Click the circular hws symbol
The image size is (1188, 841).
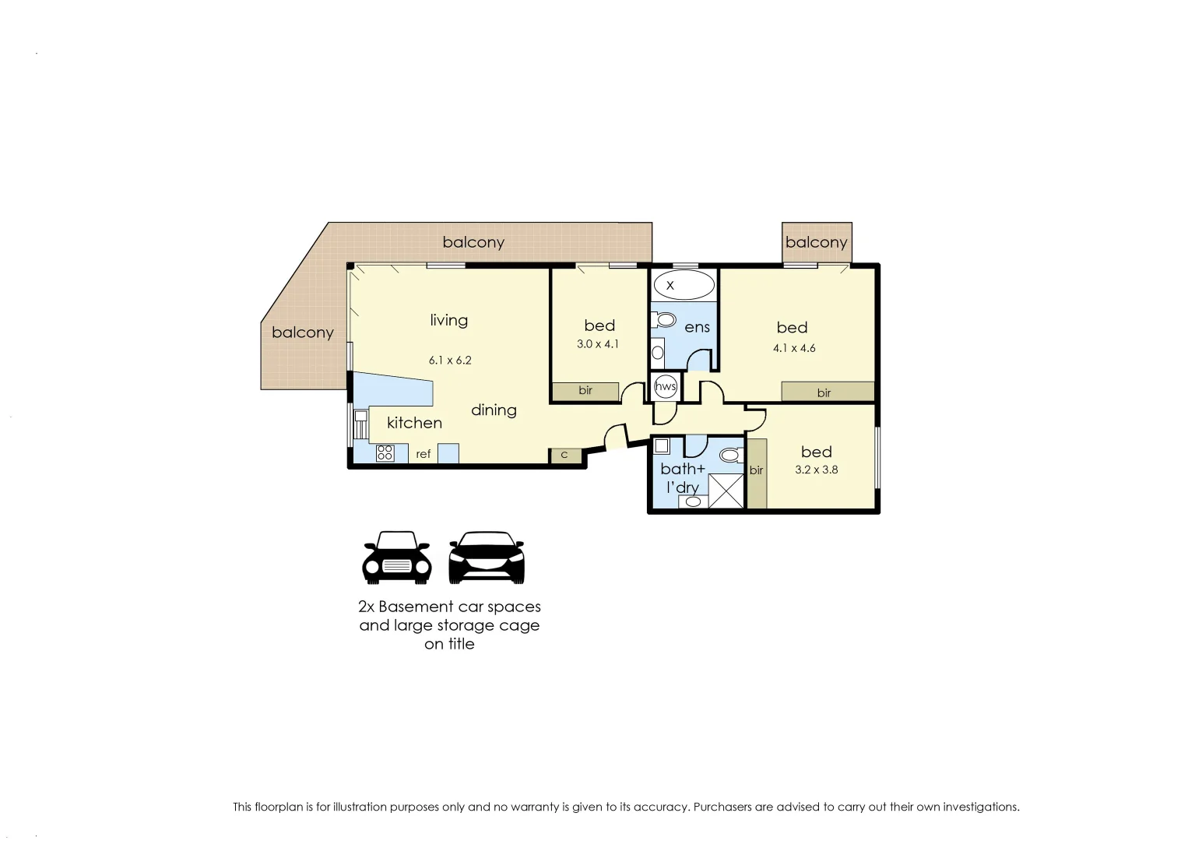(x=666, y=386)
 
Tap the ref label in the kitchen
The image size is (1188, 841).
(x=423, y=454)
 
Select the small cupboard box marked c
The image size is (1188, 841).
(x=565, y=456)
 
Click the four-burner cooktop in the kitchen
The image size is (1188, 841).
(x=385, y=452)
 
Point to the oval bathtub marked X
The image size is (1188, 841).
(x=683, y=286)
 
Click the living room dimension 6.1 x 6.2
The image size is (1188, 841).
(x=450, y=361)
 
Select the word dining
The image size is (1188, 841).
(x=494, y=410)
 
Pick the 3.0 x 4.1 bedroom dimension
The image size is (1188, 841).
(x=598, y=344)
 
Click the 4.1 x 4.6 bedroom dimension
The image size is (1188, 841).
(x=794, y=348)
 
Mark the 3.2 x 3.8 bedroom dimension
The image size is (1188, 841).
(x=816, y=470)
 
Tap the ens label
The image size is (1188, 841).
(x=697, y=328)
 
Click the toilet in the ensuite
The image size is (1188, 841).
(x=665, y=319)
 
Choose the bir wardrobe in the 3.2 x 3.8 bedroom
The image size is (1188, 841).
(x=757, y=473)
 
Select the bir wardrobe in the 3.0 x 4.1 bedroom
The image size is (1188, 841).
(x=585, y=391)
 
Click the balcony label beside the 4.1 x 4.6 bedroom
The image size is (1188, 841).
(x=816, y=242)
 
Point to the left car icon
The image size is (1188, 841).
(x=396, y=558)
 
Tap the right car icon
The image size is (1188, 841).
(x=487, y=558)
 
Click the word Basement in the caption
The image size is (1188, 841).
(x=416, y=607)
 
